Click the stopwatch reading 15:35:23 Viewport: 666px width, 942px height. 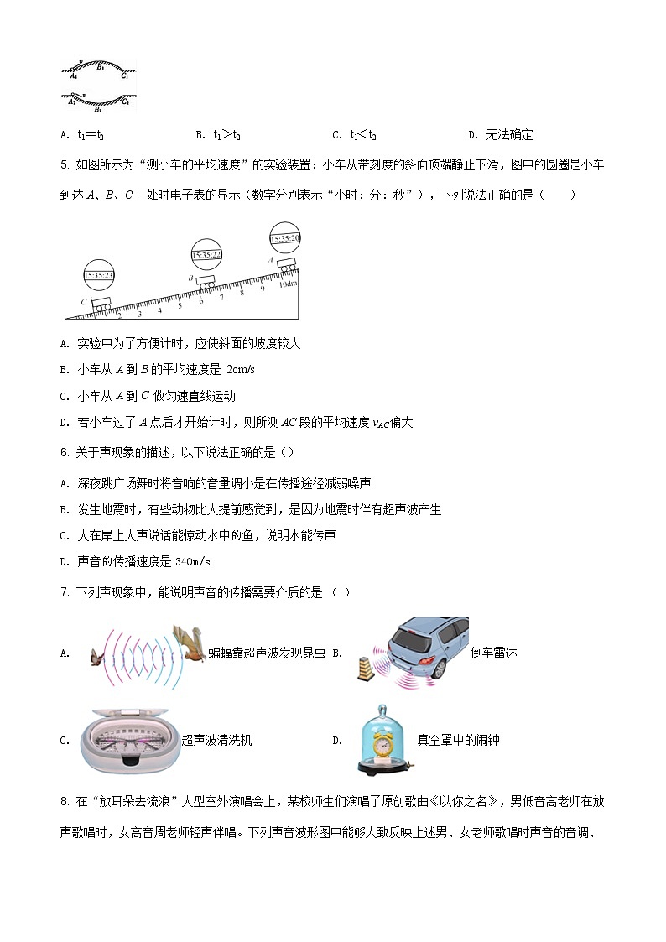(x=99, y=275)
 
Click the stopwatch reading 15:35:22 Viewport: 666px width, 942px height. (x=206, y=254)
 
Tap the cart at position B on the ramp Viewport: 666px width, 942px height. (x=206, y=283)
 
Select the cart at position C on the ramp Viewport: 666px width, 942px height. (x=102, y=304)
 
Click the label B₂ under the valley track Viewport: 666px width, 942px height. (x=98, y=109)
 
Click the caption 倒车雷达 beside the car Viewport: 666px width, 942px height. (x=494, y=653)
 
